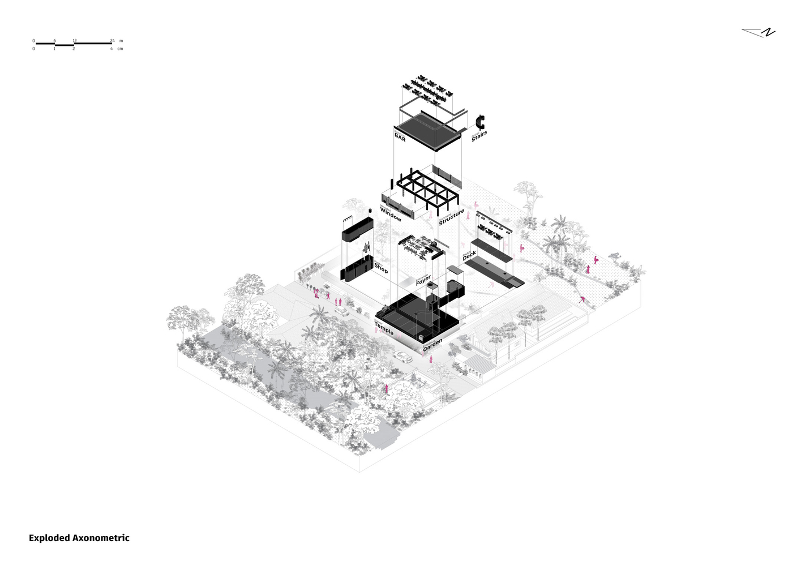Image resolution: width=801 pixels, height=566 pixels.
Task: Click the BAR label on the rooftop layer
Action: click(400, 137)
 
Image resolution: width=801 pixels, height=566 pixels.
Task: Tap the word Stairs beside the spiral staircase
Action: click(479, 136)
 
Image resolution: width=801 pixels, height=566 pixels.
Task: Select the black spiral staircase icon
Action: click(481, 122)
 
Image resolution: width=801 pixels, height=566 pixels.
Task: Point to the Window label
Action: click(391, 215)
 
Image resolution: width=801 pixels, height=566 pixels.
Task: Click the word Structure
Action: click(451, 217)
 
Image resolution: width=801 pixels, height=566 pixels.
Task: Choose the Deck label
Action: click(469, 256)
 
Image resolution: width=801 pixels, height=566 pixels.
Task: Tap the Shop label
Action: click(381, 269)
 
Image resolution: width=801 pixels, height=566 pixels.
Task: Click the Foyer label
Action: click(423, 279)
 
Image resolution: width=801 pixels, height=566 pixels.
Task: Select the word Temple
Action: click(384, 328)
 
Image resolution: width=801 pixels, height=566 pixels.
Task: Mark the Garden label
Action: click(432, 345)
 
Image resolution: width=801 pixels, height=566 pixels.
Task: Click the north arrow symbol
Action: click(759, 33)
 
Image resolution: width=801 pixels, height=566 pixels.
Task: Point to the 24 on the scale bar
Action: click(112, 41)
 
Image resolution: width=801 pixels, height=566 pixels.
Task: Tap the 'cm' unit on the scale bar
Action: click(120, 49)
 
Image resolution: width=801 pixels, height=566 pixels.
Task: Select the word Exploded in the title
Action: click(50, 538)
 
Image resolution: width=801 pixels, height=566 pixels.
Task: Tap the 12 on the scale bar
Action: click(74, 41)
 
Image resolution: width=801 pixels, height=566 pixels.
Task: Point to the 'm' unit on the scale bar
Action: click(121, 41)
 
